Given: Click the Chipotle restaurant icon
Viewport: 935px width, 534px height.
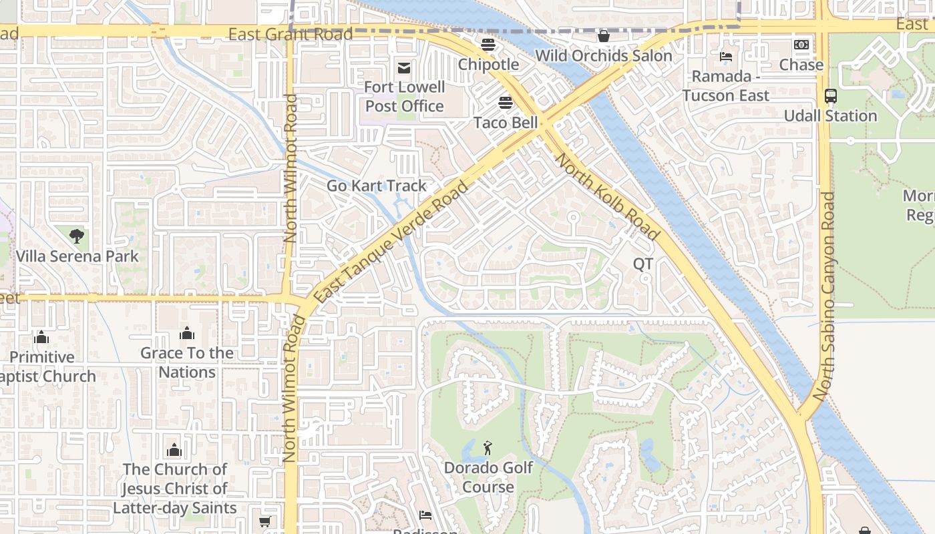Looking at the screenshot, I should (488, 45).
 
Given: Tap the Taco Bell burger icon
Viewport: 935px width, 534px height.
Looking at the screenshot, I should (506, 103).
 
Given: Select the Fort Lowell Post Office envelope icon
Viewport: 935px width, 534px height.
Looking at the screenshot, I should (404, 67).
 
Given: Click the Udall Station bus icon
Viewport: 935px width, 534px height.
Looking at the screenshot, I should (830, 96).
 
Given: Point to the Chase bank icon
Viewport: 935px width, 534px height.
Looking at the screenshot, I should (801, 45).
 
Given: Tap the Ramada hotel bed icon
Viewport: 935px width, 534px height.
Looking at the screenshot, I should (726, 57).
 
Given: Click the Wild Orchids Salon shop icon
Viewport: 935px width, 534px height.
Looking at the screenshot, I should (604, 36).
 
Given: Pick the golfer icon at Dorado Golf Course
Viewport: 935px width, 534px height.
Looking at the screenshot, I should (488, 448).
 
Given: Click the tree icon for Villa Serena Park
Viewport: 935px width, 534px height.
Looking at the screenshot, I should (77, 236).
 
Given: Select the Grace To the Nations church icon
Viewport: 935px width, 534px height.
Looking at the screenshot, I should (187, 333).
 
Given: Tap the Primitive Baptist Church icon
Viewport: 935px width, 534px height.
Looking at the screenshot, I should (41, 337).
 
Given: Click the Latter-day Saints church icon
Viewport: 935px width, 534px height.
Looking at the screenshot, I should (174, 449).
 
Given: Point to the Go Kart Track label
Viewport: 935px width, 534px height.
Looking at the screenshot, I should (376, 186).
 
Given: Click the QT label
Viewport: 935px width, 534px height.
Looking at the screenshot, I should (642, 264).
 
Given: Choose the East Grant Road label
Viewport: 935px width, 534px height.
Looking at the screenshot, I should (290, 34).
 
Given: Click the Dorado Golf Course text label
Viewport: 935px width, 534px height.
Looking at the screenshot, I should (488, 477).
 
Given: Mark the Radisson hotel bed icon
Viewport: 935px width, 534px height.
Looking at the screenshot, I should (425, 515).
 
